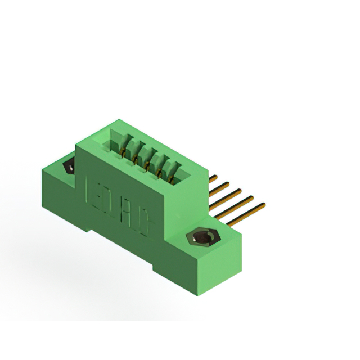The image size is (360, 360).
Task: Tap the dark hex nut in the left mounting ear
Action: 70,166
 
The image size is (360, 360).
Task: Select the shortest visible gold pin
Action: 213,179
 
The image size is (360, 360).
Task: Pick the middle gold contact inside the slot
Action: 147,164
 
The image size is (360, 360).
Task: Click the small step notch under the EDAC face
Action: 92,228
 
